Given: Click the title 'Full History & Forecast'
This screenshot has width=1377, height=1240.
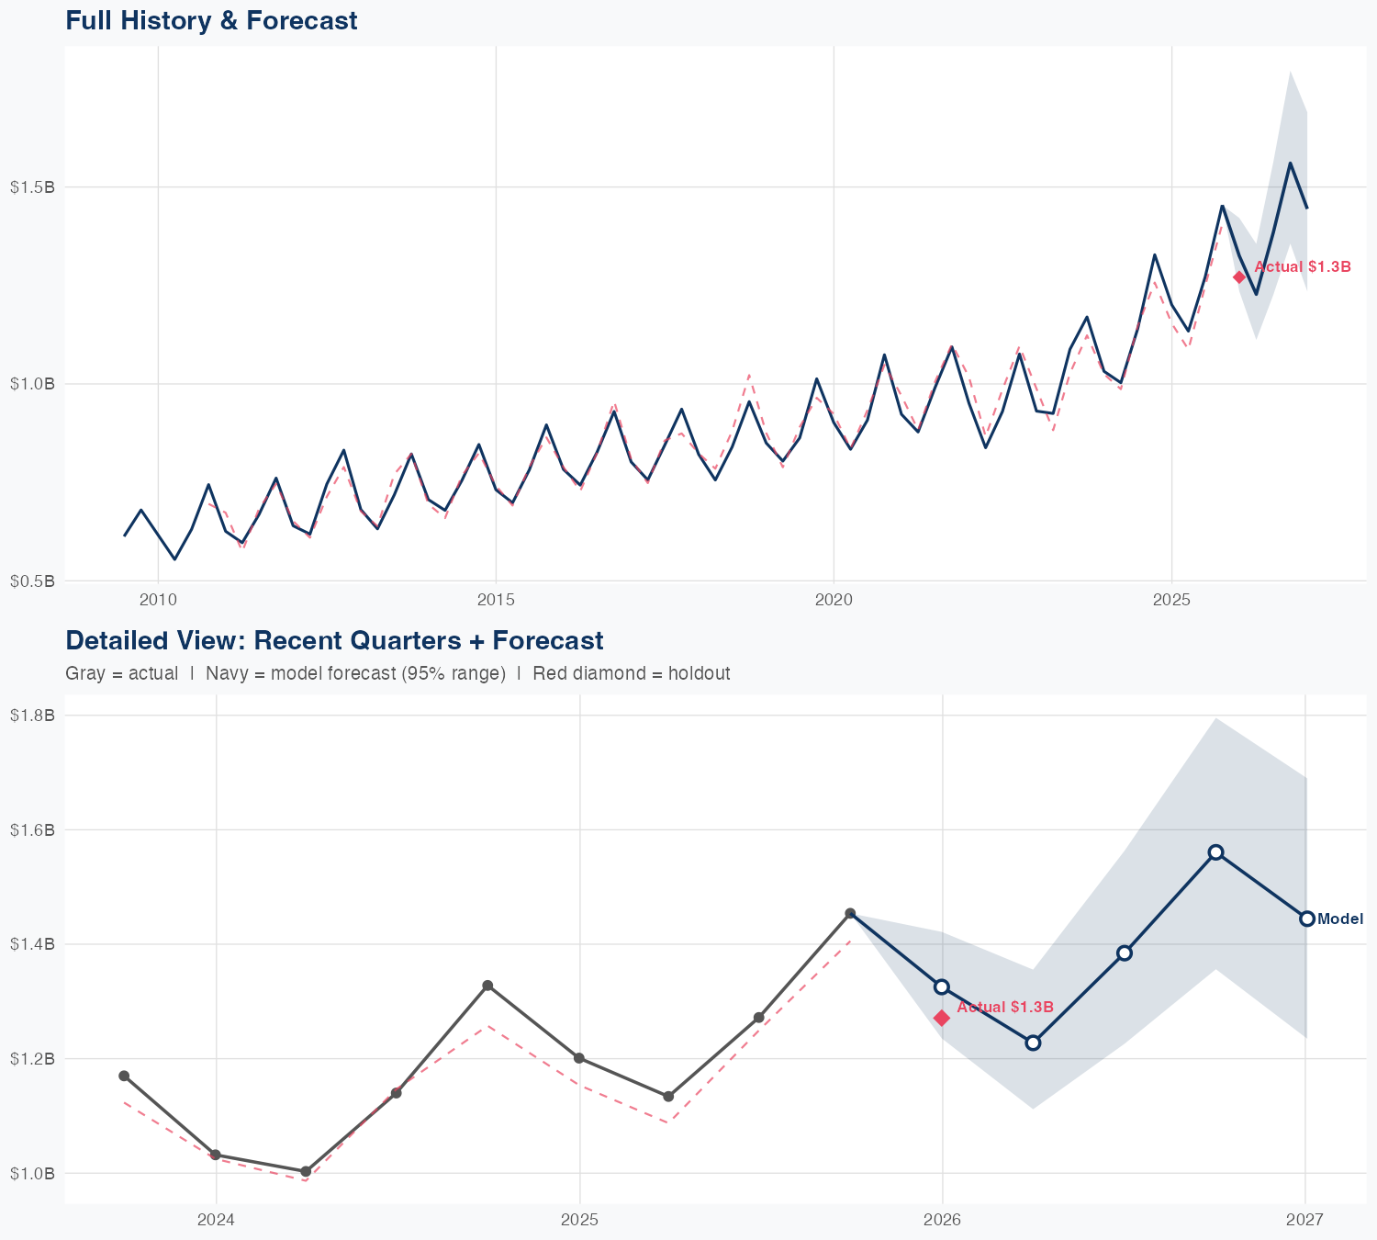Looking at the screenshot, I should click(211, 20).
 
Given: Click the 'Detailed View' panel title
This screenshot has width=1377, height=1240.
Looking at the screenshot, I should click(334, 640).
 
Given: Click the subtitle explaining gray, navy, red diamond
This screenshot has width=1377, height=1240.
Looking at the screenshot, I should click(397, 673).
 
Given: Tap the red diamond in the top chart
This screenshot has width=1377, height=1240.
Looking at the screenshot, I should click(1239, 276).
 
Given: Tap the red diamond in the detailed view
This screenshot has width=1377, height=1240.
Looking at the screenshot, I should click(942, 1018).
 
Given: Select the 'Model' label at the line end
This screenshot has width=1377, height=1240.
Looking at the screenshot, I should click(1340, 919).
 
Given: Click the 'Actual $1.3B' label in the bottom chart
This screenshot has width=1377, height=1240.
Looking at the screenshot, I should click(1005, 1008).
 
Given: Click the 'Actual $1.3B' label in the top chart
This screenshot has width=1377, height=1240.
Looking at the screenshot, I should click(1303, 267).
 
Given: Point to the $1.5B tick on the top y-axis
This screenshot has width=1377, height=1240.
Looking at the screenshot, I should click(32, 187).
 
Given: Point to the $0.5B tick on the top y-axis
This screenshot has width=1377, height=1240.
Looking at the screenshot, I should click(32, 581).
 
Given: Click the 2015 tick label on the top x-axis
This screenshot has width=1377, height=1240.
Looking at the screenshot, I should click(496, 601).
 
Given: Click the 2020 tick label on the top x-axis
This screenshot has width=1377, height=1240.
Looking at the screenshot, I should click(834, 601).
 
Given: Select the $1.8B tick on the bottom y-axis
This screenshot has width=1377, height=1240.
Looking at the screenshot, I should click(32, 715).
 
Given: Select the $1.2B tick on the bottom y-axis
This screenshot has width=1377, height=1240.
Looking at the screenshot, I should click(32, 1058).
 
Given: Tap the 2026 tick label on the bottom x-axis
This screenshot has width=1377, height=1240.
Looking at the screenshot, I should click(942, 1220).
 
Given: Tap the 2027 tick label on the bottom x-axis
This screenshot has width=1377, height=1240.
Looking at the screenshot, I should click(1304, 1220).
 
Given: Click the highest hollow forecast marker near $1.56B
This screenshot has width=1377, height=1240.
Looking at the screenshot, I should click(1215, 852).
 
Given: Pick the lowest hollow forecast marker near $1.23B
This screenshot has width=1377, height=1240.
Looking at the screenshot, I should click(1033, 1043).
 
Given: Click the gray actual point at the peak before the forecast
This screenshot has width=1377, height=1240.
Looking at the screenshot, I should click(850, 913).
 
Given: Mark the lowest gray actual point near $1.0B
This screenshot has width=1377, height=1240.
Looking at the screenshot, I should click(306, 1171).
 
